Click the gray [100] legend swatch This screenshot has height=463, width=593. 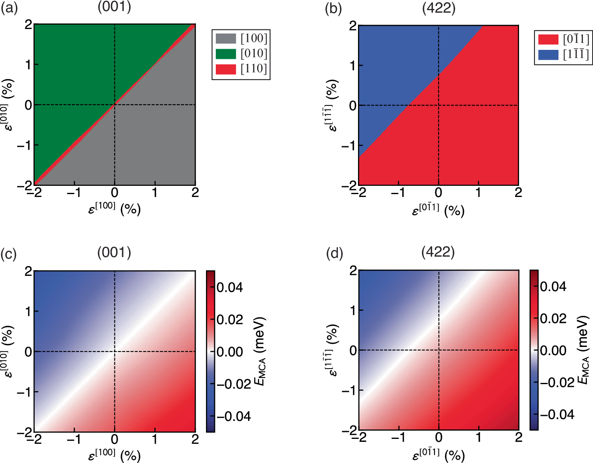coord(226,39)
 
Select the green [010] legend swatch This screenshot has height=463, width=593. coord(226,54)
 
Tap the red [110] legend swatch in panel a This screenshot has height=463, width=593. coord(226,69)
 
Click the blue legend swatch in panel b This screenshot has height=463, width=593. coord(548,55)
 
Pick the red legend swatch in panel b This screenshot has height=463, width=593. coord(548,40)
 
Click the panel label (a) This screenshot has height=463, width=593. coord(9,8)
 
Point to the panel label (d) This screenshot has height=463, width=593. coord(334,254)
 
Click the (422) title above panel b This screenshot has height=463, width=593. coord(439,8)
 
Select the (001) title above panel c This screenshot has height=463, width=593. coord(114,253)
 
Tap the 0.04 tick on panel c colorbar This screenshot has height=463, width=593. coord(229,287)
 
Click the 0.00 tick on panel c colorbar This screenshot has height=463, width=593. coord(229,351)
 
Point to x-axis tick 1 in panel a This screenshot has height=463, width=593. coord(155,192)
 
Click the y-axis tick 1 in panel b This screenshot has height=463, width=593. coord(352,65)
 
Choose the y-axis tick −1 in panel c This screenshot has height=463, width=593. coord(25,392)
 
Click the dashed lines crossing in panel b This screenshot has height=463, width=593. coord(439,105)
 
